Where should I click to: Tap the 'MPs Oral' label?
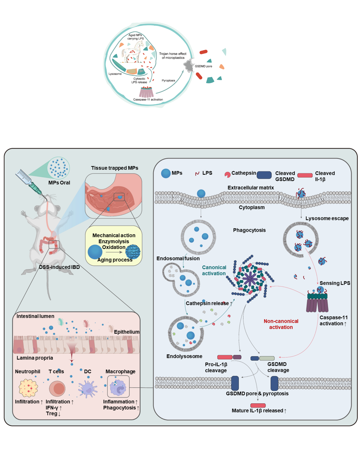(x=59, y=183)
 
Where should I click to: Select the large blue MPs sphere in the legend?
(x=166, y=173)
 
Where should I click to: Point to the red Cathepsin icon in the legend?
(x=227, y=174)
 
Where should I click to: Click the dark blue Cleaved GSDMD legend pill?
(x=264, y=175)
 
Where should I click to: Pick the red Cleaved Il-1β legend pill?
(x=305, y=175)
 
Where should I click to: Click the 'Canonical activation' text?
(x=214, y=271)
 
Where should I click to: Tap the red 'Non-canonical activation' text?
(x=281, y=324)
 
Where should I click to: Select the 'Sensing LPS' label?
(x=335, y=283)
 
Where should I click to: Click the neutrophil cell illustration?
(x=28, y=388)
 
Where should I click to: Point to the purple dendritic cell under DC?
(x=87, y=388)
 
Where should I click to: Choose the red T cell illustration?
(x=57, y=388)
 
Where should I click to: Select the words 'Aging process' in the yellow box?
(x=115, y=260)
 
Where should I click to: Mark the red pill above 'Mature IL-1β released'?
(x=258, y=405)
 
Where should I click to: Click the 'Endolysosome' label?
(x=184, y=356)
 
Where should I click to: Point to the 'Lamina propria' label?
(x=35, y=358)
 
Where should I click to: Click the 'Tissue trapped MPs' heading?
(x=114, y=168)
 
